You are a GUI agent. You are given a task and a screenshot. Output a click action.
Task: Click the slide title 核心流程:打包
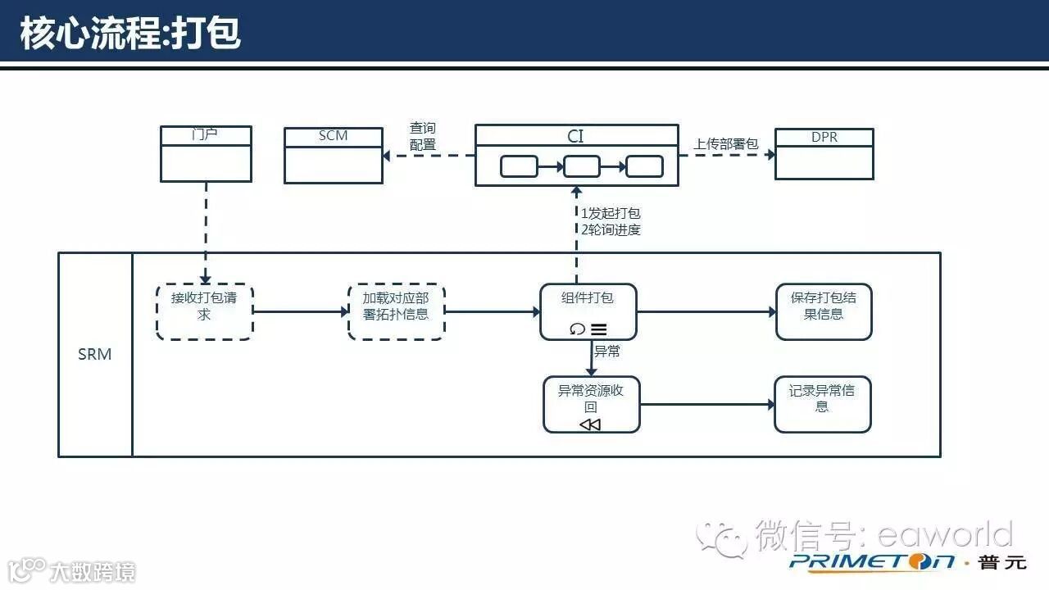click(x=130, y=34)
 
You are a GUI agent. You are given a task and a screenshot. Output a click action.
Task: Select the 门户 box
click(x=206, y=154)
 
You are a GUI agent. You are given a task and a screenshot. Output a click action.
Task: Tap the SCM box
click(x=334, y=155)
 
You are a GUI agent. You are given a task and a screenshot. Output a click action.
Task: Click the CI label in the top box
click(x=576, y=136)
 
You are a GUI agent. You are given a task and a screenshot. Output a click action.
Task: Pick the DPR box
click(x=824, y=154)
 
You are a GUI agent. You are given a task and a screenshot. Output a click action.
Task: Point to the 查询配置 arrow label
click(x=423, y=137)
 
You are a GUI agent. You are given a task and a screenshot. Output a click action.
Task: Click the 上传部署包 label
click(x=726, y=144)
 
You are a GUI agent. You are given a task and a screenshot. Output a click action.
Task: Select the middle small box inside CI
click(x=582, y=166)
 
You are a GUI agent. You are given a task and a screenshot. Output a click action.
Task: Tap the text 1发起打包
click(x=611, y=213)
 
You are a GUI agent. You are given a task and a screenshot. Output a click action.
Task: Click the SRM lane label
click(x=95, y=355)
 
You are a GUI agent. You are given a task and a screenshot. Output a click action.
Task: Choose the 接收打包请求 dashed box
click(x=204, y=311)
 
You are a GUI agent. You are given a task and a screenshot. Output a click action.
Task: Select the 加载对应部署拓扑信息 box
click(x=396, y=311)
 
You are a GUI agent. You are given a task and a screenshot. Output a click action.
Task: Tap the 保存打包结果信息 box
click(x=824, y=311)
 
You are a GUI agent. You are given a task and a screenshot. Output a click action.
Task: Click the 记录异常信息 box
click(x=822, y=404)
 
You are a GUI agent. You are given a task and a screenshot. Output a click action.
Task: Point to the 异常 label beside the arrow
click(x=607, y=352)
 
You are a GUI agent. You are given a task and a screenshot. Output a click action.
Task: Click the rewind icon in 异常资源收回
click(x=590, y=424)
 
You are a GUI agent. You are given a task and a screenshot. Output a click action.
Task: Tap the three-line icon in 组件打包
click(x=599, y=329)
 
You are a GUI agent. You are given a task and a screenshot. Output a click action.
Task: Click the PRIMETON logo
click(x=872, y=561)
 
